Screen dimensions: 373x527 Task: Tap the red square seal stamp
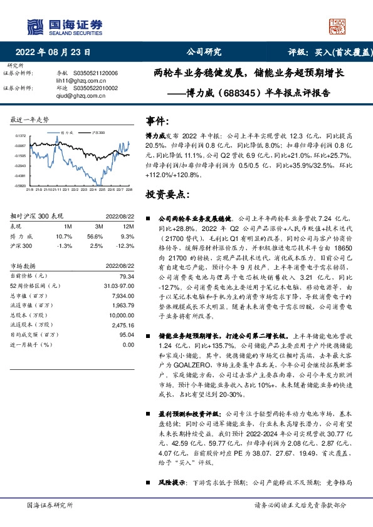[x=337, y=26]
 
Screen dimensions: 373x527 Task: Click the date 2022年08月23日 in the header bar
[x=56, y=52]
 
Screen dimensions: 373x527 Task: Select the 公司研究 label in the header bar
[x=204, y=52]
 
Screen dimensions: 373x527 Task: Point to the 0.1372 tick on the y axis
[x=21, y=136]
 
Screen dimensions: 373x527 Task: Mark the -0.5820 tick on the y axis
[x=21, y=185]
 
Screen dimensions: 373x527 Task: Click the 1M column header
[x=68, y=225]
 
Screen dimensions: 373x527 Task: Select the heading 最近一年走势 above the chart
[x=30, y=119]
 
